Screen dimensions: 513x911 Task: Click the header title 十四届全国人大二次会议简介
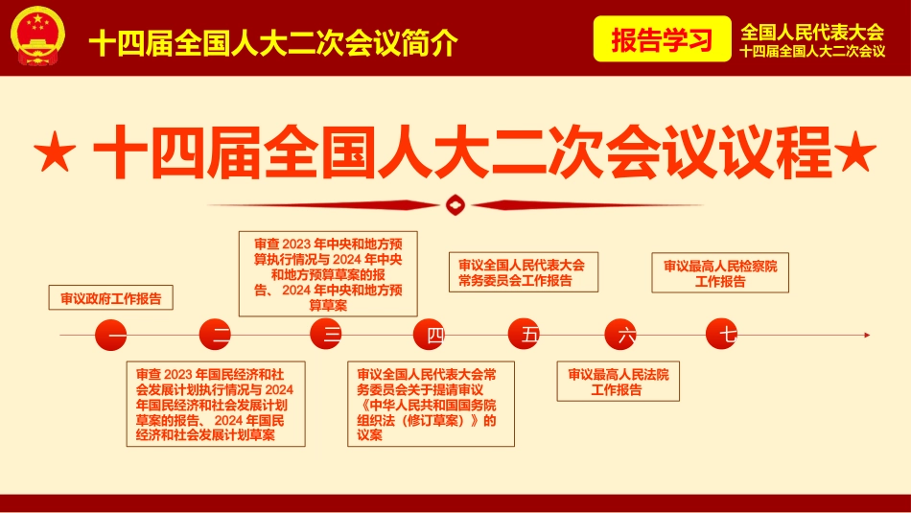tap(273, 42)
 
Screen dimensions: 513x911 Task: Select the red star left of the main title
tap(54, 153)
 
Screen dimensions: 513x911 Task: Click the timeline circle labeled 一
tap(110, 335)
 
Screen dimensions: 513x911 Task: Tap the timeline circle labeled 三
tap(327, 335)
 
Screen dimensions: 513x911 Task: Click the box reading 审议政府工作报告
tap(111, 297)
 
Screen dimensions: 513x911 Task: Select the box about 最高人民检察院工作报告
tap(720, 273)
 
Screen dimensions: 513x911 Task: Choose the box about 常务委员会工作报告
tap(523, 272)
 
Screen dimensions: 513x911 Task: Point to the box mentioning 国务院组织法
tap(430, 404)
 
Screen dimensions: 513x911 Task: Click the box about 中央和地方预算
tap(327, 273)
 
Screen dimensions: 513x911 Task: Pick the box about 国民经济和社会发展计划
tap(215, 404)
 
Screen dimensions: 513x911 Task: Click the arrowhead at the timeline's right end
tap(867, 335)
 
